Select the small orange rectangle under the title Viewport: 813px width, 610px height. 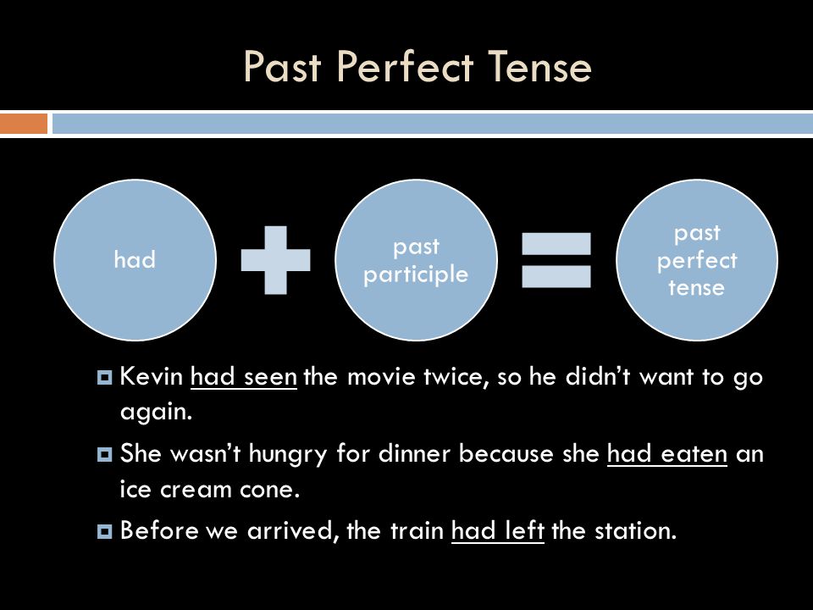pyautogui.click(x=24, y=124)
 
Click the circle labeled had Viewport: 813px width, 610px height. pyautogui.click(x=135, y=260)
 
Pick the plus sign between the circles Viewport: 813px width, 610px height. pyautogui.click(x=276, y=260)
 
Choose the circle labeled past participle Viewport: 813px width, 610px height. pyautogui.click(x=417, y=260)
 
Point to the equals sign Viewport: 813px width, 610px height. pyautogui.click(x=556, y=260)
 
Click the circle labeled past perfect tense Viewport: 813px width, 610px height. pyautogui.click(x=697, y=260)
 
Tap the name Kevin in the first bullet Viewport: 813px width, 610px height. pyautogui.click(x=152, y=376)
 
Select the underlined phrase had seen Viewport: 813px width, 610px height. pyautogui.click(x=244, y=376)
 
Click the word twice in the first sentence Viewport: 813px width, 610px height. pyautogui.click(x=456, y=377)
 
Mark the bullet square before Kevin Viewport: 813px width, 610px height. pyautogui.click(x=105, y=377)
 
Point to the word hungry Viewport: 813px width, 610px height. pyautogui.click(x=288, y=455)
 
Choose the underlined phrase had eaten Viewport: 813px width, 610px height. pyautogui.click(x=667, y=454)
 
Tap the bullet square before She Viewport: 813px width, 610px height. pyautogui.click(x=105, y=455)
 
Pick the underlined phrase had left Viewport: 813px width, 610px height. pyautogui.click(x=498, y=530)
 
